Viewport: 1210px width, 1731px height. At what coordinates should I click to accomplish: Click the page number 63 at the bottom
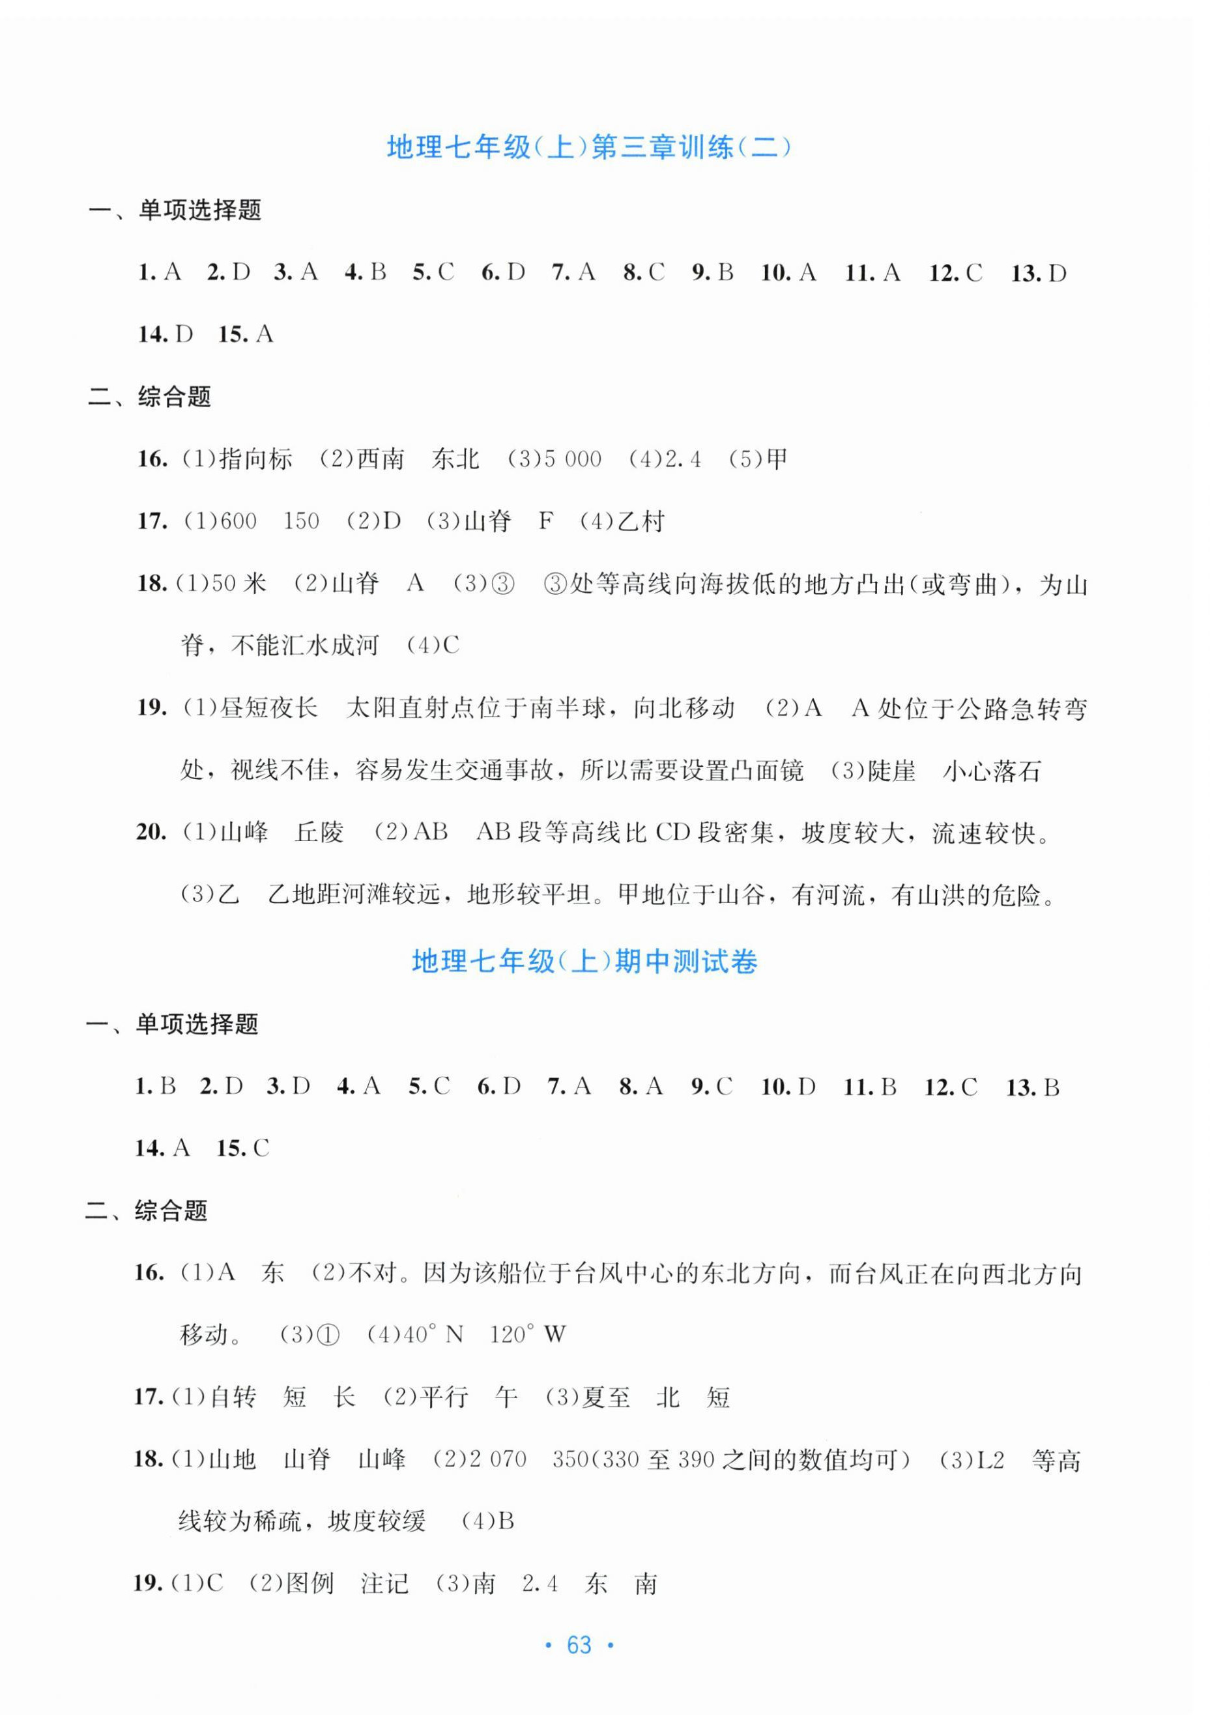tap(579, 1644)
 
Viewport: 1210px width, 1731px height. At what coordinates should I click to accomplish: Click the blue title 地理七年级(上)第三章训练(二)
tap(589, 147)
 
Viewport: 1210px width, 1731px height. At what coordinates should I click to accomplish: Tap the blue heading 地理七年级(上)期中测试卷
tap(584, 961)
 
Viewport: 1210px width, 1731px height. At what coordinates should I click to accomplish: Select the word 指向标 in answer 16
tap(255, 459)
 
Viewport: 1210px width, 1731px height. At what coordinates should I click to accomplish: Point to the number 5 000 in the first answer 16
tap(571, 459)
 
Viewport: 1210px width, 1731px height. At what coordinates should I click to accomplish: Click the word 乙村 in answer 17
tap(640, 521)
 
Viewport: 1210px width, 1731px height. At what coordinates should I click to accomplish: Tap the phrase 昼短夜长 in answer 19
tap(268, 708)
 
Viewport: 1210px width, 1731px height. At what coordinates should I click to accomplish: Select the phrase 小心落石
tap(991, 771)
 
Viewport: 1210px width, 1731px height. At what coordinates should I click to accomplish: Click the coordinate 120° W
tap(527, 1334)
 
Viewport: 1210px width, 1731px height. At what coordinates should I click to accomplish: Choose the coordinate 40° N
tap(432, 1334)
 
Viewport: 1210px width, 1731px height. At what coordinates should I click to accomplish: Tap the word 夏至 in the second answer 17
tap(606, 1397)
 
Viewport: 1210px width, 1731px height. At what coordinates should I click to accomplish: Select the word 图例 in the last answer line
tap(310, 1582)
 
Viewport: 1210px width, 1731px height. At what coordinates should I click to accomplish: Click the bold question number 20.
tap(151, 833)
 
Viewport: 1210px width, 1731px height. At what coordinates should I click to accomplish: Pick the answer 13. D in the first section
tap(1038, 273)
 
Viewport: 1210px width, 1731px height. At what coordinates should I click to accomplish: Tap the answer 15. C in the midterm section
tap(243, 1148)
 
